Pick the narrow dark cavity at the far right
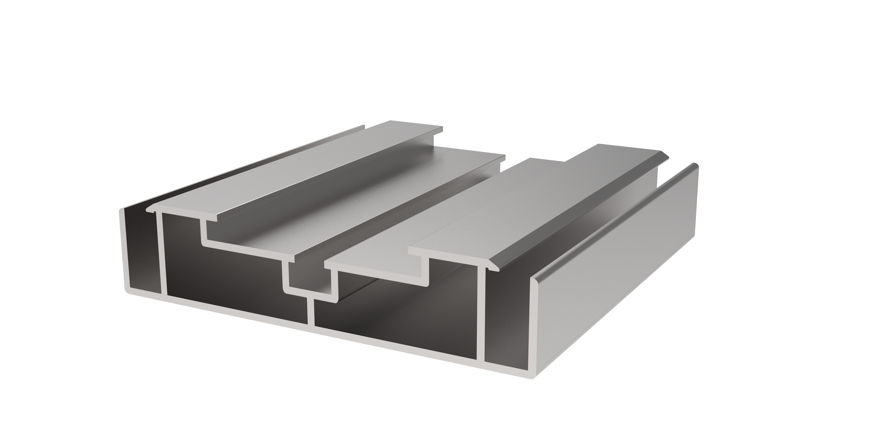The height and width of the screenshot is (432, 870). [507, 320]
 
